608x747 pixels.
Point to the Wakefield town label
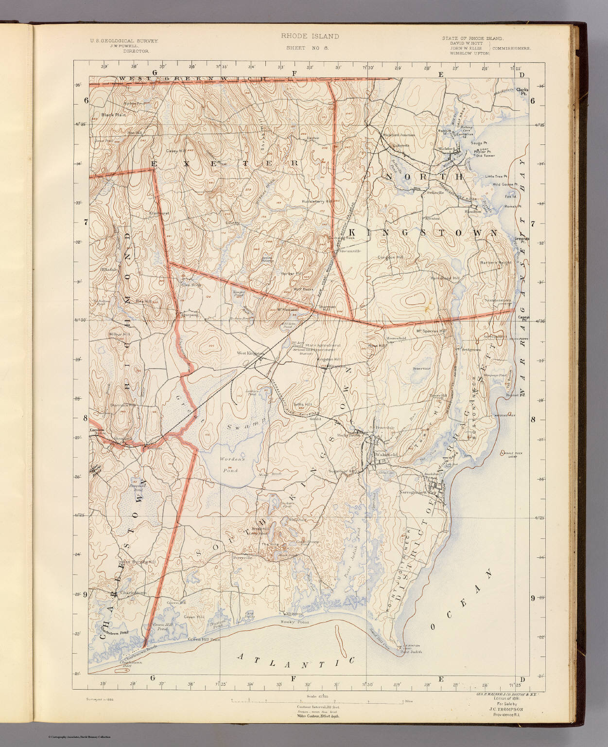(387, 454)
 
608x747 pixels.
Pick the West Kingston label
(250, 353)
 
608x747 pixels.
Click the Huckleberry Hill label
(317, 201)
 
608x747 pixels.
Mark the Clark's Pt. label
(522, 91)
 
